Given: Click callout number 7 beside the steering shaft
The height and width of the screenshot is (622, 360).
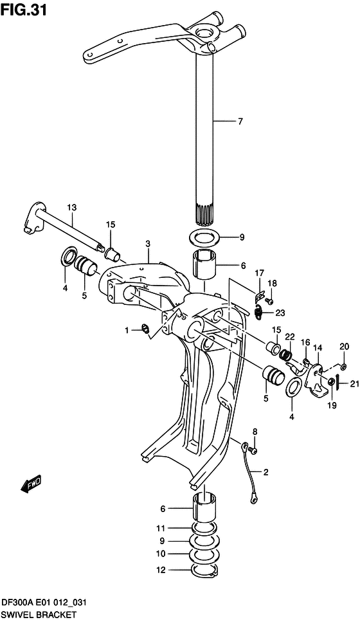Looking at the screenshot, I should (240, 121).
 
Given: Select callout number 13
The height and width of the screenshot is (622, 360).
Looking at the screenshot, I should (71, 208).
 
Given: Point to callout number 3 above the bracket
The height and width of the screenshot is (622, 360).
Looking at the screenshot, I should (148, 244).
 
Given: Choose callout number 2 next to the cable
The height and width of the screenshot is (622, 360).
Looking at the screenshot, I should (266, 472).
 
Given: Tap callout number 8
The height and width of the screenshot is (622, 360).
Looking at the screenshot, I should (255, 431).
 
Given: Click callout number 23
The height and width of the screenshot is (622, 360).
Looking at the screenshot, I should (280, 313).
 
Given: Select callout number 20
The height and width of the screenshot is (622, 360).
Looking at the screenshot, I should (345, 346).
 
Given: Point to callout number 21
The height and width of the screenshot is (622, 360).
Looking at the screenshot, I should (354, 385).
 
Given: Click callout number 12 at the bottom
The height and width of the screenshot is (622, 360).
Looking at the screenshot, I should (161, 569).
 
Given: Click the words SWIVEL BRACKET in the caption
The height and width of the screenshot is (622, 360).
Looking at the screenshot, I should (38, 615).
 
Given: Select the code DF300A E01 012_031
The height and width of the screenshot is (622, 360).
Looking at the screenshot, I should (44, 603).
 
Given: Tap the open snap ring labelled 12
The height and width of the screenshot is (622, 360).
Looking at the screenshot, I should (205, 570).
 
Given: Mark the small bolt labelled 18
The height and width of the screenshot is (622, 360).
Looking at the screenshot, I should (270, 301).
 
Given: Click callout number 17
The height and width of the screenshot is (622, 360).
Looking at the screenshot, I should (260, 273).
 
